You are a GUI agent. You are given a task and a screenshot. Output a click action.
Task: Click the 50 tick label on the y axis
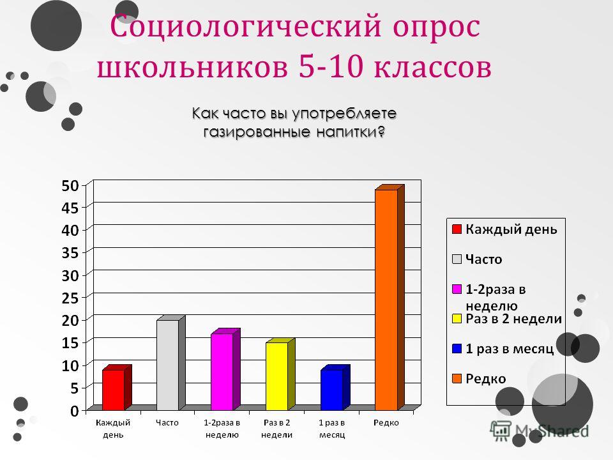[70, 185]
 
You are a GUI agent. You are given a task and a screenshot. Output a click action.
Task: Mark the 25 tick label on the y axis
[70, 298]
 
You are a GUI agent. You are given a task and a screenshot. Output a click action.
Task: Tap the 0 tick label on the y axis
[75, 411]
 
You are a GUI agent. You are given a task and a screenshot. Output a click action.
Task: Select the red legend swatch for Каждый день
[457, 229]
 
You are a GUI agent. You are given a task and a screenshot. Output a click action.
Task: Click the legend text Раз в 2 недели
[513, 319]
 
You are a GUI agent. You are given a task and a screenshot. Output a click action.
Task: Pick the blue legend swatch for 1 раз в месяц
[457, 349]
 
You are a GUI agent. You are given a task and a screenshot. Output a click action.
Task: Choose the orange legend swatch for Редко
[457, 379]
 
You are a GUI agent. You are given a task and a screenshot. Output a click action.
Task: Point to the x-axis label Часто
[167, 423]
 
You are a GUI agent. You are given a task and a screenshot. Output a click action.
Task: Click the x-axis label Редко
[386, 423]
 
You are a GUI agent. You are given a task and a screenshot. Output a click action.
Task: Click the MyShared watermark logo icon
[500, 431]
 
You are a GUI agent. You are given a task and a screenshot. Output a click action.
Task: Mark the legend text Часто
[483, 259]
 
